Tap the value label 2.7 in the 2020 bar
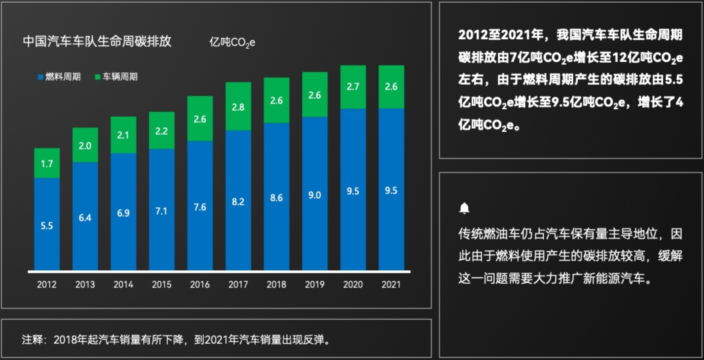[353, 87]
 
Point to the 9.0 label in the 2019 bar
[315, 195]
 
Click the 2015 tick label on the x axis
[161, 284]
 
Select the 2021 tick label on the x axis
[391, 284]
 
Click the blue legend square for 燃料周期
[41, 77]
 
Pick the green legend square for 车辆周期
[98, 77]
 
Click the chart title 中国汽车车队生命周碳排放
[97, 41]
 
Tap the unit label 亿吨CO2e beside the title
[232, 43]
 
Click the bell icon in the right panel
[464, 208]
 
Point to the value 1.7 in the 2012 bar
[47, 164]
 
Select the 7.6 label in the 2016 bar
[200, 207]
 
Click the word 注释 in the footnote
[32, 340]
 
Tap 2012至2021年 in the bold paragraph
[501, 35]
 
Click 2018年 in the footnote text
[70, 340]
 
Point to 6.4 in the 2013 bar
[85, 218]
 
